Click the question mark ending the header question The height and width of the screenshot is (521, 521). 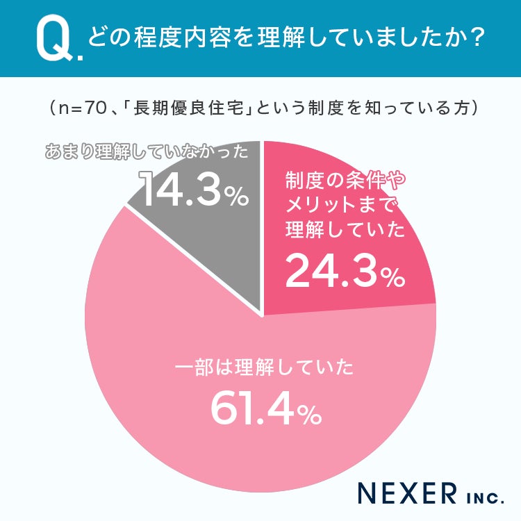[x=477, y=38]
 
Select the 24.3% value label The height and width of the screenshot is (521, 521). [x=345, y=270]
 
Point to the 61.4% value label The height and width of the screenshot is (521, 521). [x=267, y=408]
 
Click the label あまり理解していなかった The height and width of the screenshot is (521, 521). [x=147, y=152]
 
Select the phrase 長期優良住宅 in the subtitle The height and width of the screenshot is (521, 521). [x=189, y=108]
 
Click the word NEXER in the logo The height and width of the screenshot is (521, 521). [x=407, y=493]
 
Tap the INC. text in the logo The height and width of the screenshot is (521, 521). [x=485, y=498]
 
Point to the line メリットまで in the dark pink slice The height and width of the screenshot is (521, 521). [x=341, y=205]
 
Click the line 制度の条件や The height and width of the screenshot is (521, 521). [x=345, y=181]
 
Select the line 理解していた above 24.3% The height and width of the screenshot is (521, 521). [x=345, y=229]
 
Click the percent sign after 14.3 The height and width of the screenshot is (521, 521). [x=237, y=196]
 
